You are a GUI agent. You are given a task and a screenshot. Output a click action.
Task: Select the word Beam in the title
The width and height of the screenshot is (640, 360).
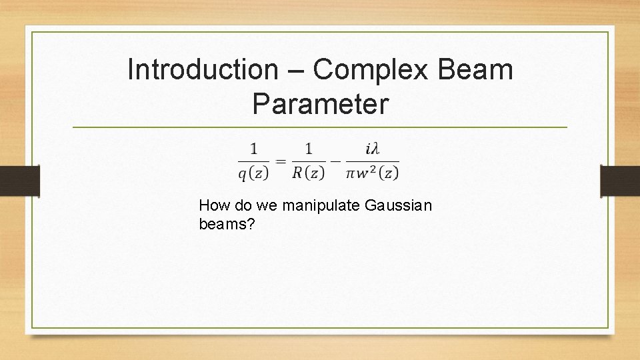pos(477,69)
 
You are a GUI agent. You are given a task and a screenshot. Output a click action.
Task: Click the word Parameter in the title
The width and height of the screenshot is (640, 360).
pos(320,104)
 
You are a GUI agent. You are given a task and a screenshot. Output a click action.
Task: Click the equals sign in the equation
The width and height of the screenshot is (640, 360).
pos(281,161)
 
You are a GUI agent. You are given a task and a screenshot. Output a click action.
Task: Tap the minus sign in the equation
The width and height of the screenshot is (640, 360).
pos(335,161)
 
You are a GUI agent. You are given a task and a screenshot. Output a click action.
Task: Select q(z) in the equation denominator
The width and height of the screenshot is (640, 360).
pos(253,173)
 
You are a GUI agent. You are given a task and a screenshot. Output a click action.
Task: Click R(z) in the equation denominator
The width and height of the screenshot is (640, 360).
pos(308,173)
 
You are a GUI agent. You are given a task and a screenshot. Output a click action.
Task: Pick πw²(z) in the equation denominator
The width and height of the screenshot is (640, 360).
pos(373,173)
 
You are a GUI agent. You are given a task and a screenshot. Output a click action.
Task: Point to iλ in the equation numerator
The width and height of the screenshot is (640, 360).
pos(373,147)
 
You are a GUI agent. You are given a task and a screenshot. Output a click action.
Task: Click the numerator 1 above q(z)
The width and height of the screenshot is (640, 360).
pos(253,148)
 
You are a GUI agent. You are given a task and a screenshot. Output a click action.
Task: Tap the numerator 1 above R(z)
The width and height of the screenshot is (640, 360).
pos(308,148)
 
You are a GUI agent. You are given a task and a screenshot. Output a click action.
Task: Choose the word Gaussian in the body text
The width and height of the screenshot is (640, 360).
pos(399,206)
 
